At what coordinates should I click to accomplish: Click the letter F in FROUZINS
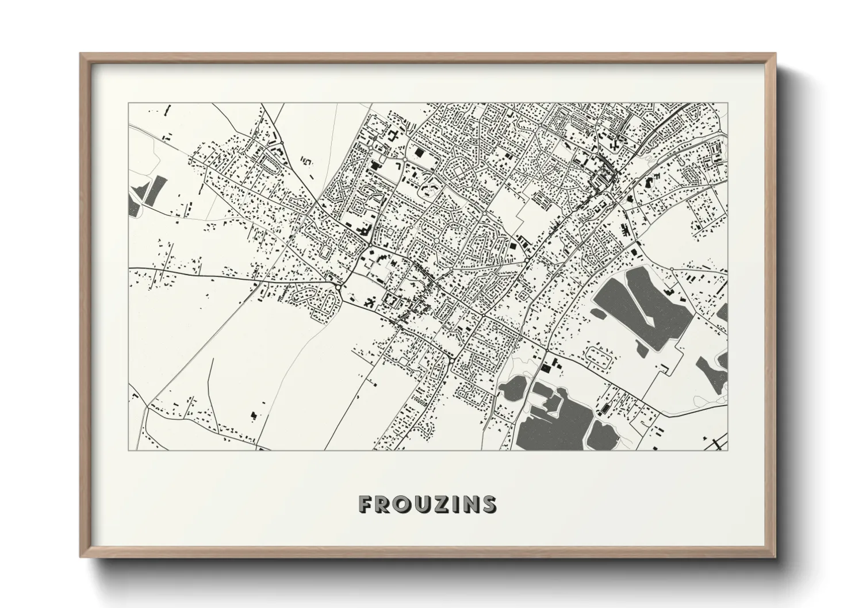365,504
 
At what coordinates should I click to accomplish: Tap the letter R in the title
384,504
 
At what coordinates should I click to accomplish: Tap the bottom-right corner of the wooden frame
775,557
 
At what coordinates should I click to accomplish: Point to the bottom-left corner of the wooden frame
81,557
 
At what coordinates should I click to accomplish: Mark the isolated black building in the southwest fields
254,414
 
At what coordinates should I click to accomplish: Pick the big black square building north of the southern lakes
545,366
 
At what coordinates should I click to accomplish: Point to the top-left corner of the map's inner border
128,103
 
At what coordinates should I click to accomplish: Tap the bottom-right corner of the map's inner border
727,450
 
